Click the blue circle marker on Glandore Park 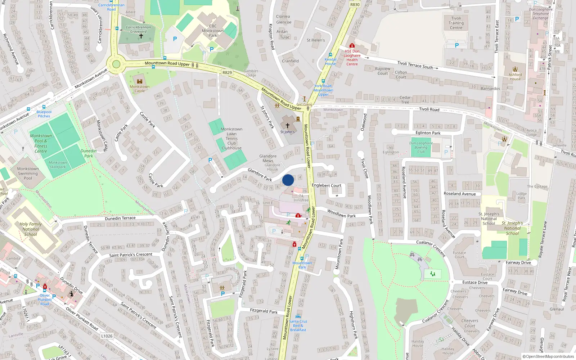point(288,180)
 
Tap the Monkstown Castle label point(140,89)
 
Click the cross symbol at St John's point(287,126)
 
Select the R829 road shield point(227,73)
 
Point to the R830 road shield point(355,5)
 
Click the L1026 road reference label point(107,336)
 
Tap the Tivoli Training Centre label point(456,23)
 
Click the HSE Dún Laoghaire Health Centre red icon point(352,46)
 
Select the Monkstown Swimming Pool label point(28,173)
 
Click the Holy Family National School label point(31,229)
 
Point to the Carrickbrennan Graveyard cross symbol point(141,36)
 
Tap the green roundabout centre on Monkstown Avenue point(116,64)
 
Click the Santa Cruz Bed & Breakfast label point(298,325)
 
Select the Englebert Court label point(327,185)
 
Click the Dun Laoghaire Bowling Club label point(421,147)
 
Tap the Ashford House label point(515,77)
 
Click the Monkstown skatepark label point(58,165)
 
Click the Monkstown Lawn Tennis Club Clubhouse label point(231,139)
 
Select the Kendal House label point(330,62)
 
